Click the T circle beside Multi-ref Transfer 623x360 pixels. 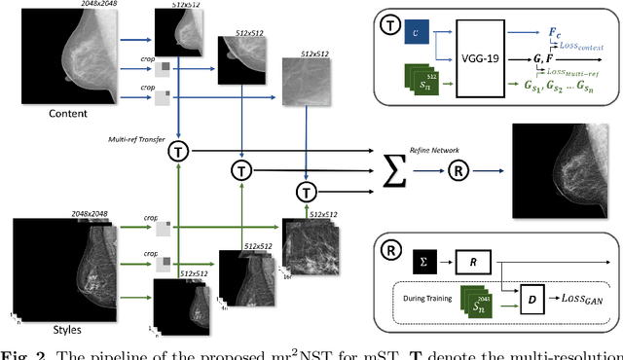[x=178, y=151]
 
